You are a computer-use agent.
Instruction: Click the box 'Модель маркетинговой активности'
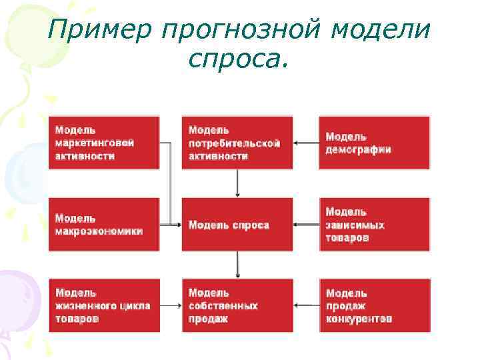[x=104, y=143]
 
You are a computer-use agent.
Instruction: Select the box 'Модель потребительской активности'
[x=237, y=143]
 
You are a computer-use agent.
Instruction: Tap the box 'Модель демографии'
[x=374, y=143]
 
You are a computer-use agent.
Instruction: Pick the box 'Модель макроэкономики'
[x=104, y=225]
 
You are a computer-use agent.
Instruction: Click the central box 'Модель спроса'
[x=237, y=225]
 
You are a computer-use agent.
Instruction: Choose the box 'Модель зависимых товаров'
[x=374, y=225]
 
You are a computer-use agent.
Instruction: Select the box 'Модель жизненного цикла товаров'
[x=104, y=305]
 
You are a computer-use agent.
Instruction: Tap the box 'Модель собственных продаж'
[x=237, y=305]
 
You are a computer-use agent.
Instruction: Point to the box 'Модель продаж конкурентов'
[x=374, y=305]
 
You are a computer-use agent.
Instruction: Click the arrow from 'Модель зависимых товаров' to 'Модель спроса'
[x=306, y=225]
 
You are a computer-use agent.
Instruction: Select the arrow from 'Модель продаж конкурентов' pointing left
[x=306, y=305]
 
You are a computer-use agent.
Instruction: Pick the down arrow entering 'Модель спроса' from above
[x=238, y=183]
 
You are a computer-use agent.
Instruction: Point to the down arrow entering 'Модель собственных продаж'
[x=238, y=265]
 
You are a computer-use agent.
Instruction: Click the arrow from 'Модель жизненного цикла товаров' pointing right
[x=171, y=305]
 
